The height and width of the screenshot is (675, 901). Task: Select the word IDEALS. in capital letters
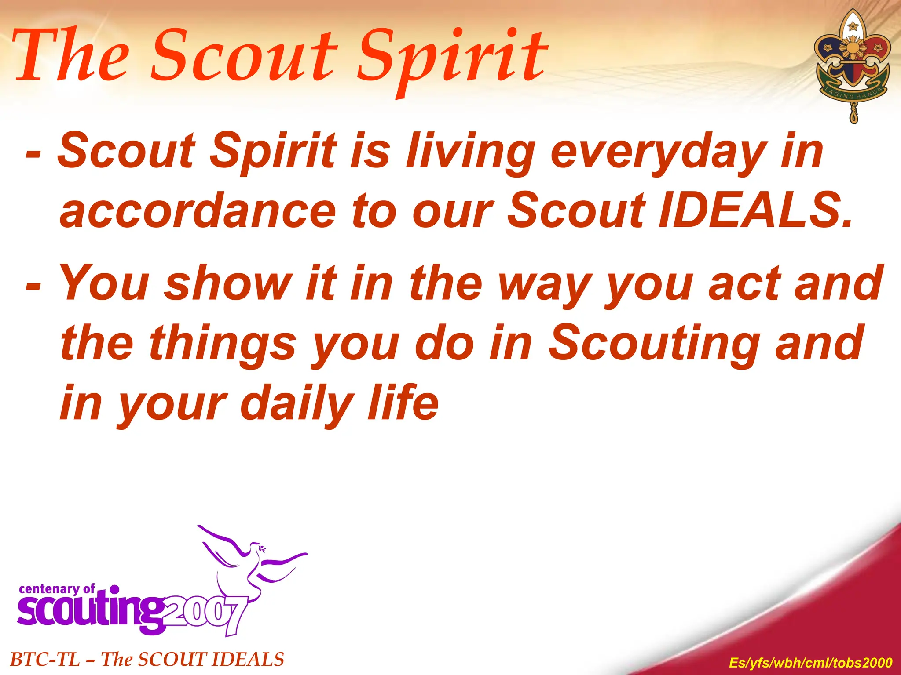[754, 211]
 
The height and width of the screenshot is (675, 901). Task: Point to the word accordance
[198, 211]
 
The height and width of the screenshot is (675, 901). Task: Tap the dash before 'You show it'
[33, 286]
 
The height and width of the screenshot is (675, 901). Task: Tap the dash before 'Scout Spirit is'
[33, 154]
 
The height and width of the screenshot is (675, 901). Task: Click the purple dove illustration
[251, 558]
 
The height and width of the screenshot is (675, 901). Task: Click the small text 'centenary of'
[57, 589]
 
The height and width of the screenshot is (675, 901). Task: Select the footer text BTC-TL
[44, 660]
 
